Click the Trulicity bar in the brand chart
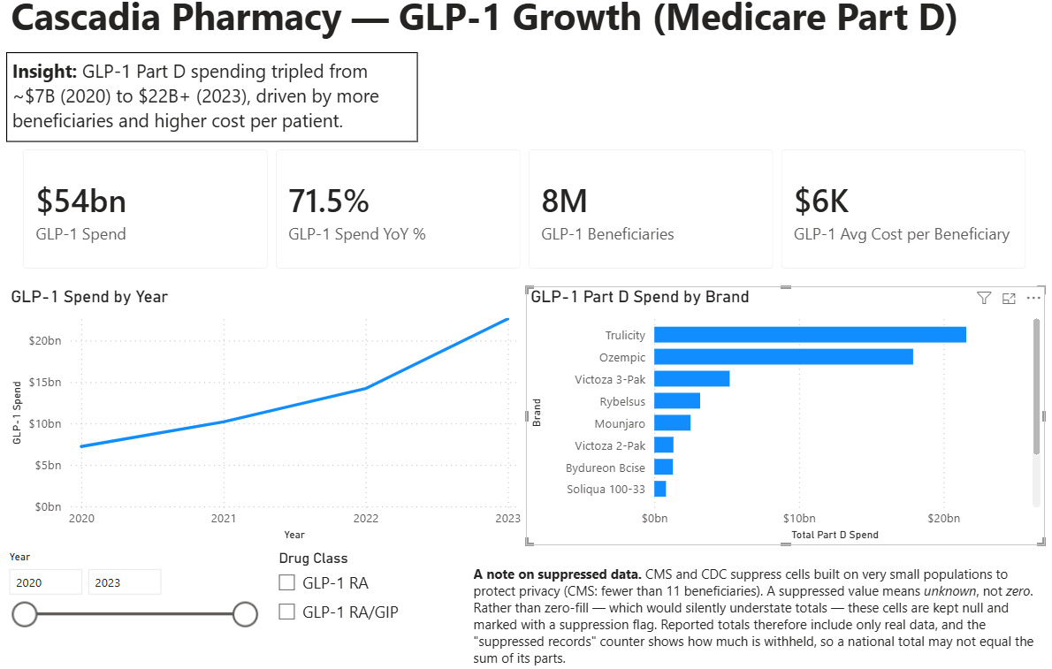tap(810, 334)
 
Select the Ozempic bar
tap(783, 356)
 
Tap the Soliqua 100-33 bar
tap(660, 489)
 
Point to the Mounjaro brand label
tap(619, 423)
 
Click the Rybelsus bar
tap(677, 400)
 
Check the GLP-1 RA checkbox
tap(287, 582)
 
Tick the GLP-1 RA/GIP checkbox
tap(287, 612)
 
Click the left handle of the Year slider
tap(25, 614)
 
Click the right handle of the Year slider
tap(245, 614)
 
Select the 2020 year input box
tap(46, 582)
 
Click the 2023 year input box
tap(125, 582)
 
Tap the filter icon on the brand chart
tap(984, 298)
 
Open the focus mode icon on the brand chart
tap(1009, 299)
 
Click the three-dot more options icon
tap(1033, 298)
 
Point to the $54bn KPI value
tap(81, 201)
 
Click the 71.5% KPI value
tap(329, 201)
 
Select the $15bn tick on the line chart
tap(45, 382)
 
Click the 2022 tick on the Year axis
tap(366, 518)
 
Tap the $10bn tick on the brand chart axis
tap(799, 518)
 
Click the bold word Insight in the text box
tap(45, 71)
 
